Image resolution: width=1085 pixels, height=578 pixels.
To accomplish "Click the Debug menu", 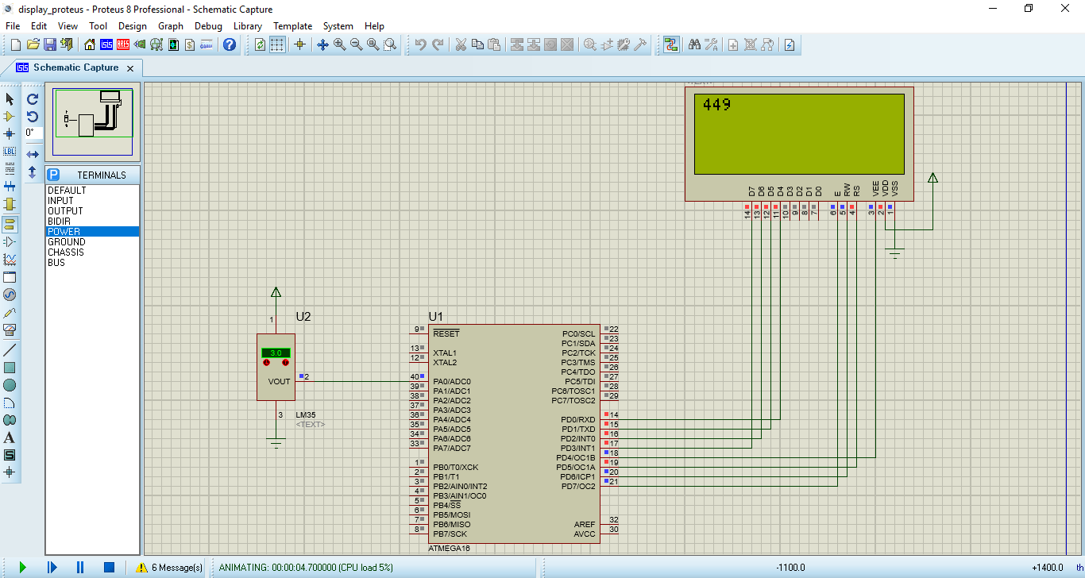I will [208, 26].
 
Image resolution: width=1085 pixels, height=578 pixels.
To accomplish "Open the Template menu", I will [292, 26].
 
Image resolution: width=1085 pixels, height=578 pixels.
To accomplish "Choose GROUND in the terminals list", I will [67, 242].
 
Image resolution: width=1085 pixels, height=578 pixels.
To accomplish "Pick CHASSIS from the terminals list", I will [65, 252].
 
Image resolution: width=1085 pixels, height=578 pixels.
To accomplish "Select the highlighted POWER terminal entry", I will [64, 232].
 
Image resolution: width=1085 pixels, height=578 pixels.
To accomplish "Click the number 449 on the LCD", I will [717, 105].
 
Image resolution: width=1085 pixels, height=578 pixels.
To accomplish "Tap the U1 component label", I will [436, 316].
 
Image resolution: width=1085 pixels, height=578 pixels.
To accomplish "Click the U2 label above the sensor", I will [303, 317].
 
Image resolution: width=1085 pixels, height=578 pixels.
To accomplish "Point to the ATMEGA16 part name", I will [450, 549].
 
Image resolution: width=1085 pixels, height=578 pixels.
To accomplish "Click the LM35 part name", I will [306, 415].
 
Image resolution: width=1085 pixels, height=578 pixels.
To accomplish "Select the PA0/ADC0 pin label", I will [452, 382].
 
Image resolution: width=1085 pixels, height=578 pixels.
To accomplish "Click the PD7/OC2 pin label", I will [577, 487].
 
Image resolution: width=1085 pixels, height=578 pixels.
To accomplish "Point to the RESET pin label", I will [446, 334].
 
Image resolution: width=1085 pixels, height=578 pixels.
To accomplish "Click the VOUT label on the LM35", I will [279, 382].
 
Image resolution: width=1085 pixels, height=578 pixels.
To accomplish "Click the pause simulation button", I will [80, 568].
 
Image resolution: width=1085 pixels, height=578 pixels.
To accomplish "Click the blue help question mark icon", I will [230, 44].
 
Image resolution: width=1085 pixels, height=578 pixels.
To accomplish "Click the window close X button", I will [1065, 9].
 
